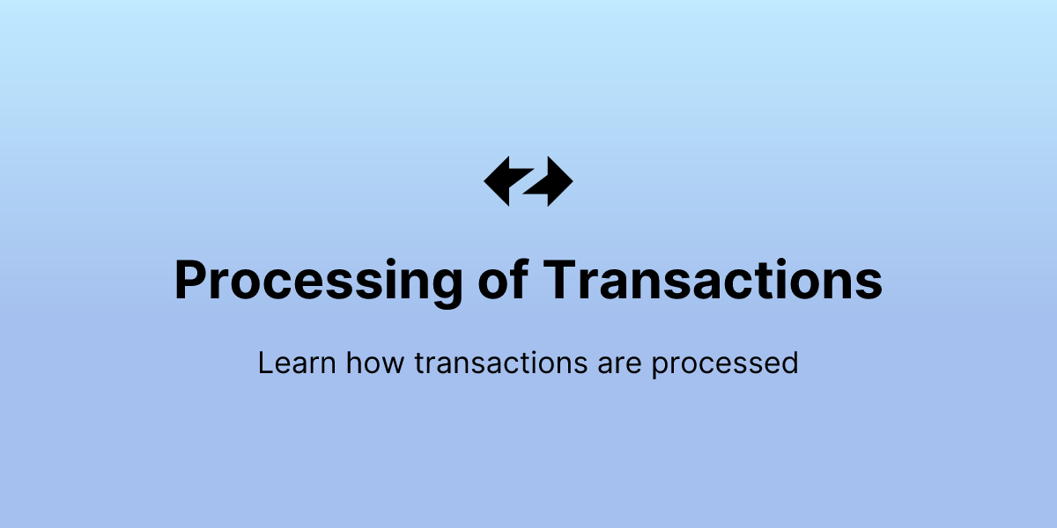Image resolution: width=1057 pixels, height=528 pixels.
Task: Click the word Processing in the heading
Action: point(317,282)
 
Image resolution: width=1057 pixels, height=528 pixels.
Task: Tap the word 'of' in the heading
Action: point(506,280)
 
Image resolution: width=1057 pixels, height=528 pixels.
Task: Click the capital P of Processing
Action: point(192,280)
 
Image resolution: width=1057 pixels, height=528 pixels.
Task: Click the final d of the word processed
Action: point(789,363)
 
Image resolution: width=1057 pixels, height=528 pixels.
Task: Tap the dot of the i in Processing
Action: point(381,261)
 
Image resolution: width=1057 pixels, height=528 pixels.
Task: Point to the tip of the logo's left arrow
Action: point(485,180)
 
